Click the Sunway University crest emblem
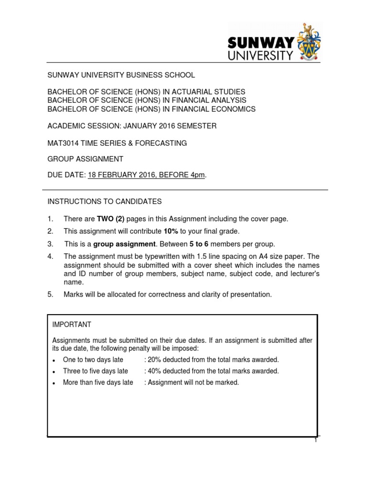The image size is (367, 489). coord(310,41)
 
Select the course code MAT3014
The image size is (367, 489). coord(63,143)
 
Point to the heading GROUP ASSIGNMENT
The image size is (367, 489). coord(85,159)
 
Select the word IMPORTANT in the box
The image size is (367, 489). coord(71,325)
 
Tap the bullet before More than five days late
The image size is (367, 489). coord(54,383)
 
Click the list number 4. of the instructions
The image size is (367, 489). coord(50,256)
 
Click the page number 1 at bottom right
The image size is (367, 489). coord(315,440)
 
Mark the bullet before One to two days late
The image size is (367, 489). coord(54,360)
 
